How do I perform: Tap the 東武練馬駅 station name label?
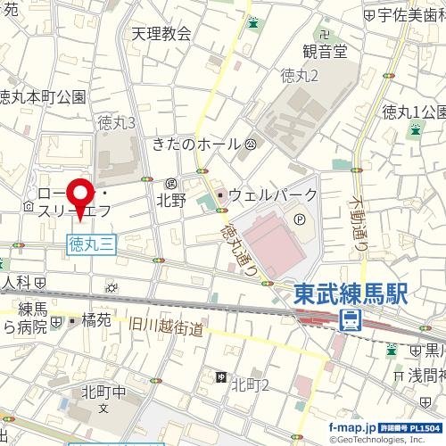[351, 295]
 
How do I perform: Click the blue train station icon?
[353, 319]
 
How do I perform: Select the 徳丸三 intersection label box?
[90, 240]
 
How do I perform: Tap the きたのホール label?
[196, 144]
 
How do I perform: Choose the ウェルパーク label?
[272, 194]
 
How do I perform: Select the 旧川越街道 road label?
[165, 328]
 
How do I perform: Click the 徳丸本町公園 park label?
[43, 97]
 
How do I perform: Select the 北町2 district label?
[251, 384]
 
